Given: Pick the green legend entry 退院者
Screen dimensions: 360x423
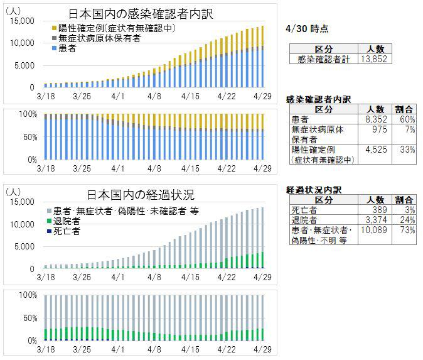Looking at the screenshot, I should coord(69,221).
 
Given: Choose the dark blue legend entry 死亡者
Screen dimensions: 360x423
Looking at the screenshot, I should coord(69,231).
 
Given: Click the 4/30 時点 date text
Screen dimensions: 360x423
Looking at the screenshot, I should coord(306,29).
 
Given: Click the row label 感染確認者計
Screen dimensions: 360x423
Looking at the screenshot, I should coord(324,58).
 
